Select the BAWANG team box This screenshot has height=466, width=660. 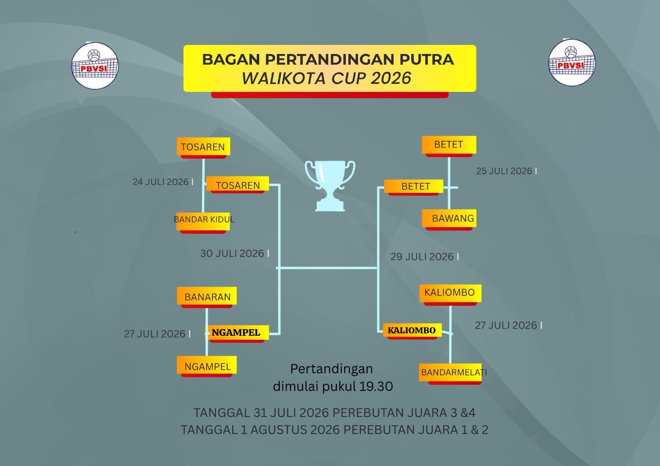449,220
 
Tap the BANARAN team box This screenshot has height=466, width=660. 207,297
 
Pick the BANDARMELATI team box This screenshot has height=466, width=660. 450,374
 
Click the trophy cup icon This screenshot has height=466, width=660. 330,186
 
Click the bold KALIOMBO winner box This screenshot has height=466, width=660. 412,331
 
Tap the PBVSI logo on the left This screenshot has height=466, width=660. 95,66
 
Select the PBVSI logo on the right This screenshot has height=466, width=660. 572,62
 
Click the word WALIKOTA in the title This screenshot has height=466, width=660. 283,78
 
